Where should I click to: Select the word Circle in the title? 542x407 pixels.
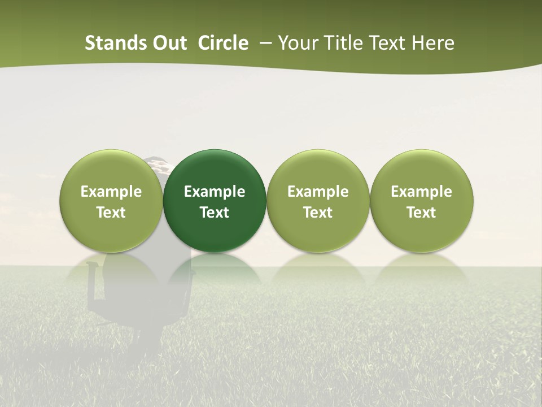click(223, 43)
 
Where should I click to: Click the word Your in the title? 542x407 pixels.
click(298, 43)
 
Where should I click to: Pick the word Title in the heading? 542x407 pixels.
click(341, 43)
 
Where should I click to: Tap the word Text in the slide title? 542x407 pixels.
click(385, 43)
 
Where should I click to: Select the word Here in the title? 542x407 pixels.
click(433, 43)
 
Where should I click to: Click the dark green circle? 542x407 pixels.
click(215, 170)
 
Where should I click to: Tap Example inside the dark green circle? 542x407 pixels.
click(215, 192)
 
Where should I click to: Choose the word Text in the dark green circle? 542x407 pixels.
click(215, 213)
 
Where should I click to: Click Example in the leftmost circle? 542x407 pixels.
click(111, 192)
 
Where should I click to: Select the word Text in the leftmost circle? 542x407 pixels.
click(111, 213)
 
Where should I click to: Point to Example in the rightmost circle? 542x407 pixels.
click(422, 192)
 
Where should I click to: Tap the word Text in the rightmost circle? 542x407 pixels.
click(422, 213)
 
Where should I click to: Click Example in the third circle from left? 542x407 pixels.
click(318, 192)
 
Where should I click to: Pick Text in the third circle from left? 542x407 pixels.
click(318, 213)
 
